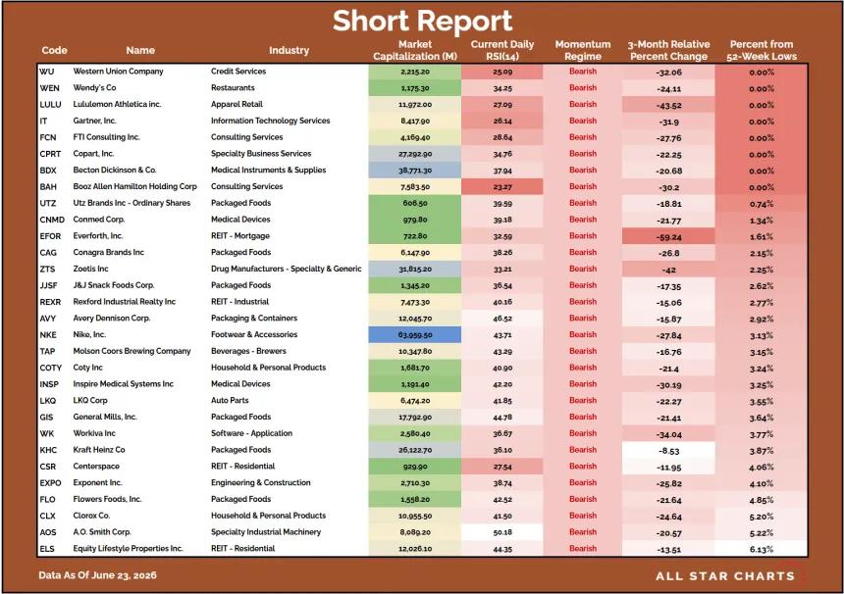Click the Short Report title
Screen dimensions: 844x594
pyautogui.click(x=422, y=21)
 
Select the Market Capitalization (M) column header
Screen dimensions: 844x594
pyautogui.click(x=415, y=50)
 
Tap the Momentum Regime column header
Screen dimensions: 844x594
pyautogui.click(x=583, y=50)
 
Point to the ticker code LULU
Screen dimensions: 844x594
pyautogui.click(x=51, y=104)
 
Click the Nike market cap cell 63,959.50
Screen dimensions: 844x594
pyautogui.click(x=415, y=335)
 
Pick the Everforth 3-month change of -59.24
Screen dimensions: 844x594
pyautogui.click(x=669, y=237)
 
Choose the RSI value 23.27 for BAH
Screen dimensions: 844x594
pyautogui.click(x=502, y=187)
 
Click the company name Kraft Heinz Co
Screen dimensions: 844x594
pyautogui.click(x=99, y=449)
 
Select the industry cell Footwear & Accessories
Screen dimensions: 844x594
pyautogui.click(x=254, y=334)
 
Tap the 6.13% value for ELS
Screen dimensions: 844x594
pyautogui.click(x=762, y=549)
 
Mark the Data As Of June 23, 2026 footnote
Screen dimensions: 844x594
pyautogui.click(x=97, y=575)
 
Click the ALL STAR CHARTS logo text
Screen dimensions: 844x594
pyautogui.click(x=725, y=576)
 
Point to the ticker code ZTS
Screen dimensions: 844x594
pyautogui.click(x=47, y=269)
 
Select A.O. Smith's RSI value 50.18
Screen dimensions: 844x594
pyautogui.click(x=502, y=532)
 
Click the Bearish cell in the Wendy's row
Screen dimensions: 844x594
pyautogui.click(x=583, y=87)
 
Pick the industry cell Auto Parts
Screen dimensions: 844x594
pyautogui.click(x=230, y=401)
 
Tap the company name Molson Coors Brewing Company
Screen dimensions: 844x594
pyautogui.click(x=132, y=351)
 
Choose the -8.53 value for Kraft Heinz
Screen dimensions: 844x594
pyautogui.click(x=669, y=451)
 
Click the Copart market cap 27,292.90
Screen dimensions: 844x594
pyautogui.click(x=415, y=154)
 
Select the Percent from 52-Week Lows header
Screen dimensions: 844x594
pyautogui.click(x=762, y=50)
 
